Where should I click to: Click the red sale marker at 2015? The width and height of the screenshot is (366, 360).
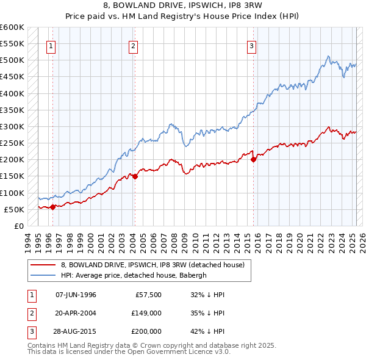253,160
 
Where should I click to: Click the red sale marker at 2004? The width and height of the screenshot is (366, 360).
135,177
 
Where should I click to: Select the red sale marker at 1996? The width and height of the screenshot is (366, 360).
53,207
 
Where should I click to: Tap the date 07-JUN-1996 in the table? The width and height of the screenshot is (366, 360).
76,295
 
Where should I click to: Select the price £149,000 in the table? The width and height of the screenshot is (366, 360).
146,313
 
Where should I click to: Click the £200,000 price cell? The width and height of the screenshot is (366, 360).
146,331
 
